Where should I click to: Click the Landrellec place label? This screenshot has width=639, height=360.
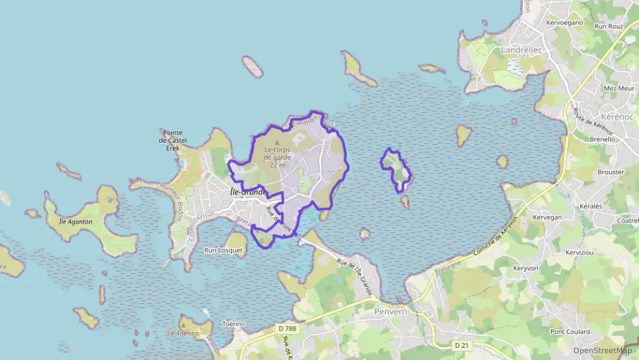[521, 50]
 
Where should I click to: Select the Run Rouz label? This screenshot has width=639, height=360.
[609, 27]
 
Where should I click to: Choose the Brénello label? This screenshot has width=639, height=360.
[602, 139]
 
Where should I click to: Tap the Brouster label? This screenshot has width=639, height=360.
[610, 172]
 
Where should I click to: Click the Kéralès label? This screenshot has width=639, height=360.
[591, 206]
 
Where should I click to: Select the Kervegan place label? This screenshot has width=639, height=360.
[546, 217]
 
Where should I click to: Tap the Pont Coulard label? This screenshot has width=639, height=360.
[571, 331]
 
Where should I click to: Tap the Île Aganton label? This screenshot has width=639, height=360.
[76, 221]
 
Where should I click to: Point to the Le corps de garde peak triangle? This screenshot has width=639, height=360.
[276, 141]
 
